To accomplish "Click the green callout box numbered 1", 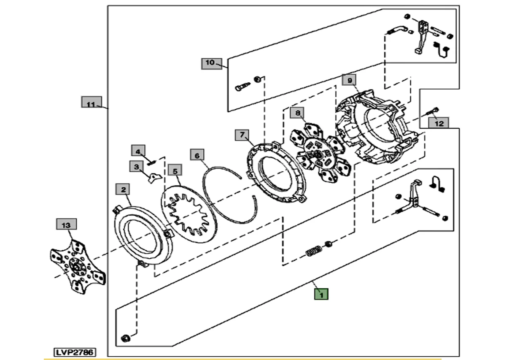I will [321, 294].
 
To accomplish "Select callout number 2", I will [123, 190].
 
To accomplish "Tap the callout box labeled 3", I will [136, 167].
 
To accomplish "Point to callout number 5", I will [175, 170].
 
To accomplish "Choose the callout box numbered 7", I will [242, 135].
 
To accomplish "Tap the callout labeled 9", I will [349, 79].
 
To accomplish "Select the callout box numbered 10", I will [210, 63].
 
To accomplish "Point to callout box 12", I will [439, 123].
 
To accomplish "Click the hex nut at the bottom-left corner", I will [125, 338].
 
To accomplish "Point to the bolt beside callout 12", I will [431, 113].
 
